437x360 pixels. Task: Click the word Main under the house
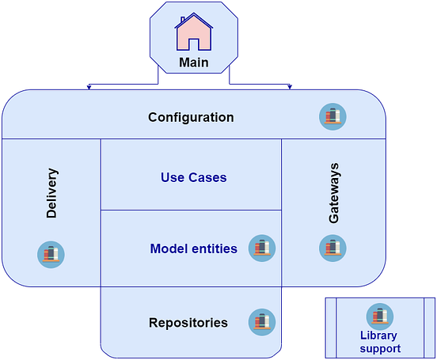(194, 63)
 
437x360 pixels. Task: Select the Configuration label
(191, 117)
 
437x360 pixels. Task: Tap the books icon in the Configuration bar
(333, 117)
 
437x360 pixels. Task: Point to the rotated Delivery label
(52, 193)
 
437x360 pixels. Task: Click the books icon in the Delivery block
(51, 254)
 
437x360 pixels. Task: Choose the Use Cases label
(193, 177)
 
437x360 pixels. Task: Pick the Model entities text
(193, 248)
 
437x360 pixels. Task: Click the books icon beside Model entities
(261, 248)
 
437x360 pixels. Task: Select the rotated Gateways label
(333, 193)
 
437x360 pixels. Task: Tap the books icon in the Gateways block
(333, 248)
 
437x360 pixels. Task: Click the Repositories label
(188, 323)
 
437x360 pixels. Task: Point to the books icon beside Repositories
(261, 322)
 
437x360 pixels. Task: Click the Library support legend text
(380, 342)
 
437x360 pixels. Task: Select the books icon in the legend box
(380, 316)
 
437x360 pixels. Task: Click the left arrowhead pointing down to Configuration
(89, 87)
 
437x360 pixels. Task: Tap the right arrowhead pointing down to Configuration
(291, 87)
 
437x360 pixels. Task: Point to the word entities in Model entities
(213, 248)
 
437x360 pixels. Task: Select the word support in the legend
(380, 348)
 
